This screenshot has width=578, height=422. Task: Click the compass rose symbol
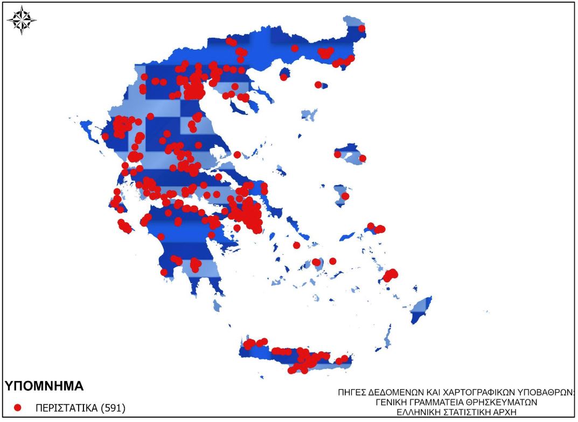(22, 21)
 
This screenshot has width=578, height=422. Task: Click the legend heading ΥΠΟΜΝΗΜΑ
(44, 386)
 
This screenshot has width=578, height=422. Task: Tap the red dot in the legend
(17, 408)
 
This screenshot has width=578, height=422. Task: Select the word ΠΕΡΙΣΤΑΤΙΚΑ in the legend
(67, 408)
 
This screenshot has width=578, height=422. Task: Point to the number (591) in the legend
(114, 408)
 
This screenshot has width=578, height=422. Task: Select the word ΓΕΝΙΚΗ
(392, 402)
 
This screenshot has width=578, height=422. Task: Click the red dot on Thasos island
(283, 77)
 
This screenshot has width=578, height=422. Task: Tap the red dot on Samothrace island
(318, 84)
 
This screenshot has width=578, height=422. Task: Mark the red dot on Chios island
(345, 196)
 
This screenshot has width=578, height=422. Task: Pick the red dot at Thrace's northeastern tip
(361, 29)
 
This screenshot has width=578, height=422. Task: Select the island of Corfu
(86, 128)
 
